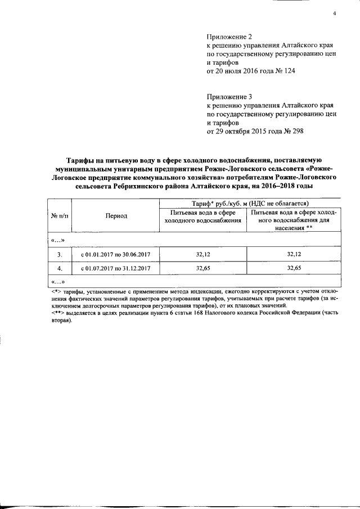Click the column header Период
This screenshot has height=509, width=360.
pos(115,215)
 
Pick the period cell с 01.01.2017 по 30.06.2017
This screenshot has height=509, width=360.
pos(115,254)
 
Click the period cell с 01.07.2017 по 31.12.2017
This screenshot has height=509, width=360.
pos(115,268)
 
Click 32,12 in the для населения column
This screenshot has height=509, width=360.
pos(295,254)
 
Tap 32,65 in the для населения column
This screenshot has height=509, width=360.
pos(295,268)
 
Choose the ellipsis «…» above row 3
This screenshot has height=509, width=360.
pos(58,240)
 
